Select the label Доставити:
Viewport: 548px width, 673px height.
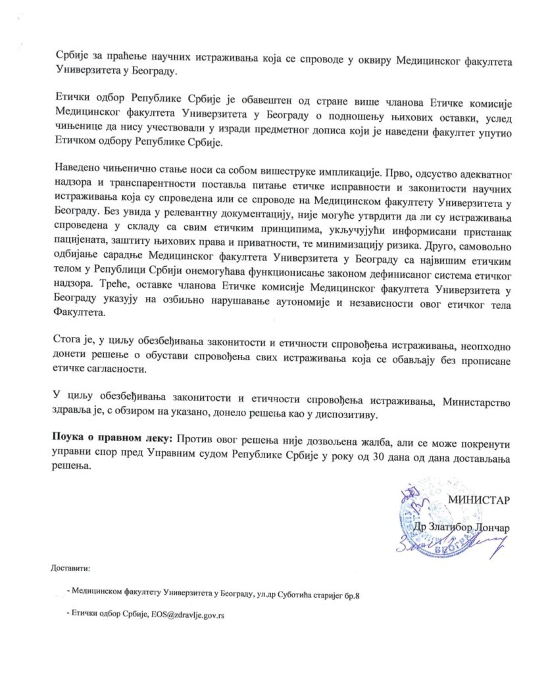[x=70, y=567]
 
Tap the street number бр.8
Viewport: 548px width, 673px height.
[x=352, y=594]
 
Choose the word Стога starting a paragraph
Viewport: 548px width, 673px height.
[x=65, y=340]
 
